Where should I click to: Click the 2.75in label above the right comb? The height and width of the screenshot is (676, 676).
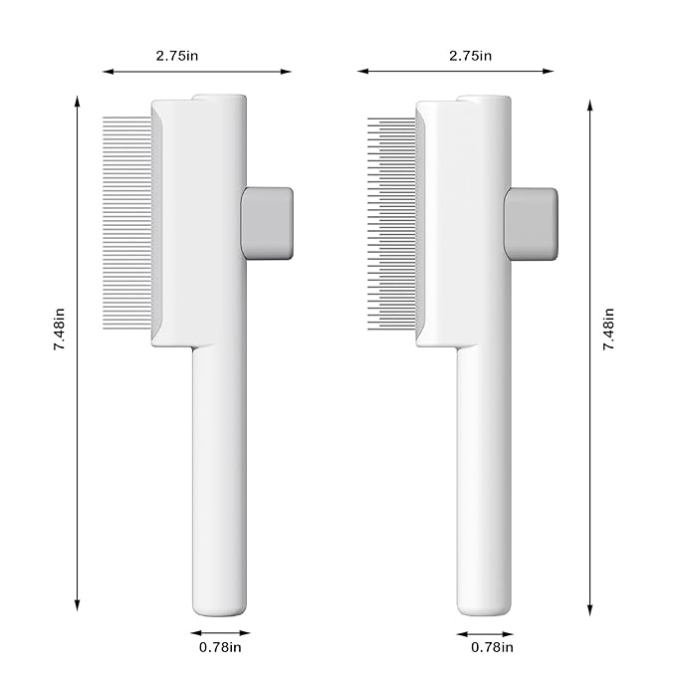pyautogui.click(x=471, y=56)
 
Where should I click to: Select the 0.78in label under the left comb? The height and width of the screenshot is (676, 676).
pyautogui.click(x=220, y=648)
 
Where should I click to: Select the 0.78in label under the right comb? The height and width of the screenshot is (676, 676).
pyautogui.click(x=492, y=648)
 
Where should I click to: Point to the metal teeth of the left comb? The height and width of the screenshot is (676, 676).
pyautogui.click(x=127, y=224)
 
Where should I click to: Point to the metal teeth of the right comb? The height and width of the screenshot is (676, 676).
pyautogui.click(x=390, y=224)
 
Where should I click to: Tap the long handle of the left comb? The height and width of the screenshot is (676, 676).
pyautogui.click(x=219, y=468)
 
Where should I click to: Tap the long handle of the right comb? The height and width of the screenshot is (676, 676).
pyautogui.click(x=484, y=468)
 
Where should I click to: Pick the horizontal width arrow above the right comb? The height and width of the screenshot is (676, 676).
pyautogui.click(x=418, y=72)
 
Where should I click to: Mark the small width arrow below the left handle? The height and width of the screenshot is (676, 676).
pyautogui.click(x=220, y=631)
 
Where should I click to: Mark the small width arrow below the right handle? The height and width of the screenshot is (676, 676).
pyautogui.click(x=485, y=631)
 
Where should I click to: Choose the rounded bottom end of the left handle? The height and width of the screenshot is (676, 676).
pyautogui.click(x=219, y=607)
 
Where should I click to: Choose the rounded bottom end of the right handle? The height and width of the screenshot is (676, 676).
pyautogui.click(x=484, y=607)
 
